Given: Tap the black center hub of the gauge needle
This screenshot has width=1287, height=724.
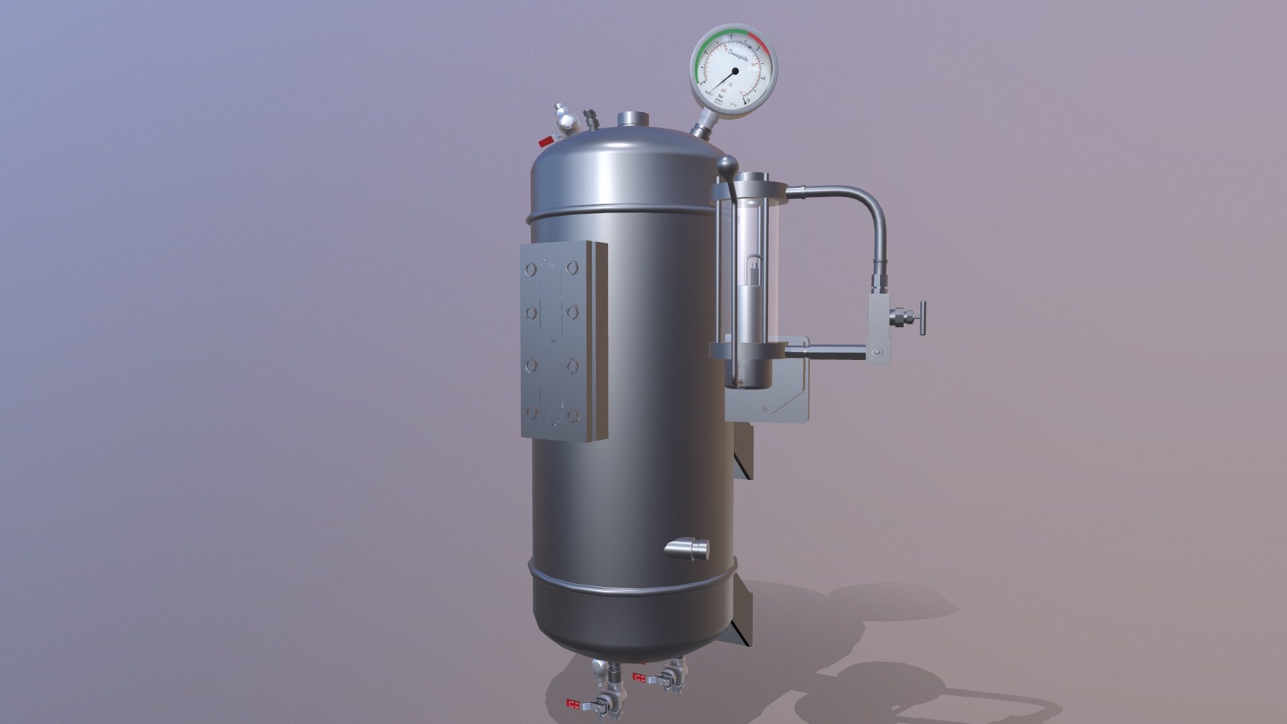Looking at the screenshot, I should point(735,71).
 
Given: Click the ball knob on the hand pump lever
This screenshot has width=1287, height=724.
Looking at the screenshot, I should point(725,164).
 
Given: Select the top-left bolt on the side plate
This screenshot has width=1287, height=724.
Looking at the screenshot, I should point(530,269).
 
